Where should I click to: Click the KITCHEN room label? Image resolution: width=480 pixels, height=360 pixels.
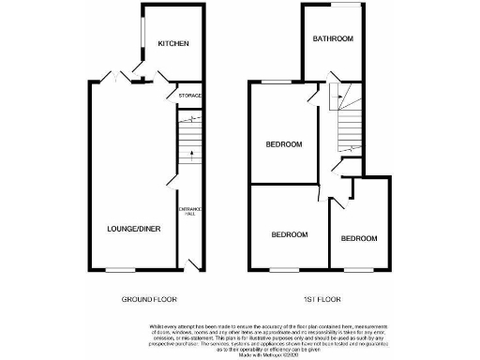pos(173,44)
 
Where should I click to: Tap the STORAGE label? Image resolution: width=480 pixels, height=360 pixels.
pos(189,95)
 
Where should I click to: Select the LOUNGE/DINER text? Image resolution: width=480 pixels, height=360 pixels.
pos(129,228)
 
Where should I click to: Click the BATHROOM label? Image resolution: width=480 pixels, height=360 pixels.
pos(333,38)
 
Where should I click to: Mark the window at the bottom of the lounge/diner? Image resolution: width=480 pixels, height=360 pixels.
pos(119,270)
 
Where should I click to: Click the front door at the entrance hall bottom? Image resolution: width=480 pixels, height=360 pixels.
pos(191,262)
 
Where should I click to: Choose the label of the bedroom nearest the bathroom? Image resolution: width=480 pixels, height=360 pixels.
pos(283,144)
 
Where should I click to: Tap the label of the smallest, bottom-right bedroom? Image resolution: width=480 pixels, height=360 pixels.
pos(358,238)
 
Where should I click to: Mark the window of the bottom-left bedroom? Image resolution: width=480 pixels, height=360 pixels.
pos(289,270)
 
